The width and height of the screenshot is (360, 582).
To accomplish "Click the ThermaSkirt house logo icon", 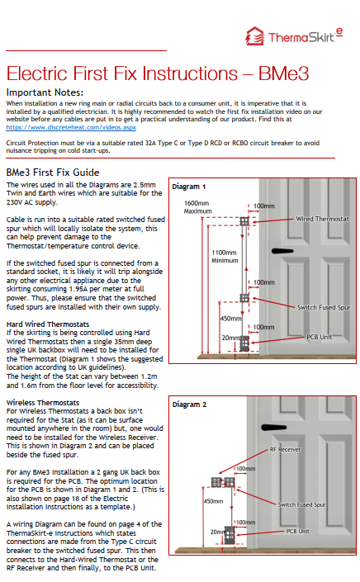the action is tap(255, 36).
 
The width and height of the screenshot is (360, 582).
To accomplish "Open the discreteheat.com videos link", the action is tap(71, 127).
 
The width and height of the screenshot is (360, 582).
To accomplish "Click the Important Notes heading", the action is tap(45, 92).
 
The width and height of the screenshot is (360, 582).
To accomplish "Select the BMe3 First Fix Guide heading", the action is tap(53, 173).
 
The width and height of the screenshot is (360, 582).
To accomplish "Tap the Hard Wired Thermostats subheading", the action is tap(48, 324).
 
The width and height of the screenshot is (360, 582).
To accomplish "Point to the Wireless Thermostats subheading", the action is tap(43, 402).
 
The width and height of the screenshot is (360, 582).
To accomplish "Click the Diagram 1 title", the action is tap(188, 187).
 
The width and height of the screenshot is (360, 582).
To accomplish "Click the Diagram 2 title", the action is tap(189, 405).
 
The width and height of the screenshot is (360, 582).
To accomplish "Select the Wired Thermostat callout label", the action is tap(322, 219).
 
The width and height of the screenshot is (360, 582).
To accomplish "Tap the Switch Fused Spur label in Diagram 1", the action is tap(324, 307).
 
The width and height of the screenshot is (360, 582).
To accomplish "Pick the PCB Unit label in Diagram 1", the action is tap(320, 337).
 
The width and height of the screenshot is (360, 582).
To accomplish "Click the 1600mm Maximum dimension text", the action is tap(197, 207).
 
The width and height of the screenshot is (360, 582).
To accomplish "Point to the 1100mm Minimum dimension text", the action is tap(225, 257).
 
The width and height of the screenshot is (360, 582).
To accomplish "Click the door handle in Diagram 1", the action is tap(282, 251).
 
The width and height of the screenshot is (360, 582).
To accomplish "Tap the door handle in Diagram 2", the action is tap(273, 428).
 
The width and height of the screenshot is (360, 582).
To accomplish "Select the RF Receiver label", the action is tap(285, 449).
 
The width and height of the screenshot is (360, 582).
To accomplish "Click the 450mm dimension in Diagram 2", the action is tap(213, 501).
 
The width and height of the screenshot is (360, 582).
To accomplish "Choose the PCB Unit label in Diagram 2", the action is tap(297, 531).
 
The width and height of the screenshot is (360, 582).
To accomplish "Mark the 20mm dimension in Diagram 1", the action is tap(230, 338).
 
